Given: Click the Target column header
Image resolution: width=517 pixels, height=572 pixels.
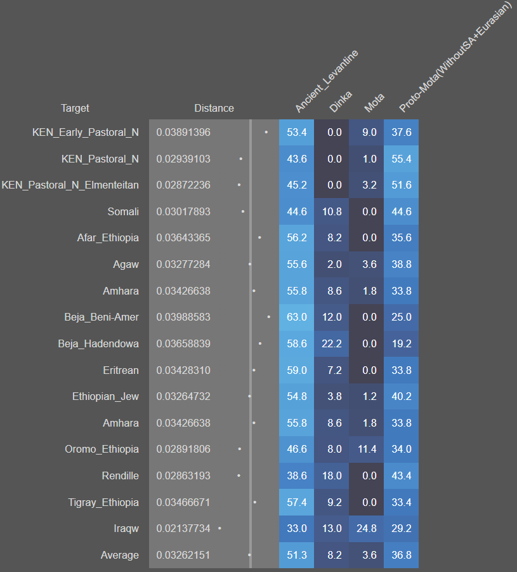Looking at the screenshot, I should (75, 108).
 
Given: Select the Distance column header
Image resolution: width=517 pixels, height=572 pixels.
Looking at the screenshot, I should (214, 108).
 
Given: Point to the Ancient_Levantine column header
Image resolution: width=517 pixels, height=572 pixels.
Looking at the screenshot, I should (325, 83).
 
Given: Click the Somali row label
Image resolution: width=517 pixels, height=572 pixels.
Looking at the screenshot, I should (123, 211).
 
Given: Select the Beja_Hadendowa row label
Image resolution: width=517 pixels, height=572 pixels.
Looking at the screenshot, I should (98, 343).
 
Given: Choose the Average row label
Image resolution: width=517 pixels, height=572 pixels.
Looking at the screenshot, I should (119, 555).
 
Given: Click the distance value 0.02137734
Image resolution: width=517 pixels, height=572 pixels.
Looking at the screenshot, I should (183, 528).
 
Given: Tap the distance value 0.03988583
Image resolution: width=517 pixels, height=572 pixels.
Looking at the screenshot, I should (183, 317).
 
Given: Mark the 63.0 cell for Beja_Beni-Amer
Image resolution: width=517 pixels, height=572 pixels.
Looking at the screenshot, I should (296, 317).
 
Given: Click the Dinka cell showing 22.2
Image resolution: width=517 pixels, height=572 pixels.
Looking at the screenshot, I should (331, 343).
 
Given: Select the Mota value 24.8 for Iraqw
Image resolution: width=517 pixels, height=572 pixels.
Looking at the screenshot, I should (366, 528).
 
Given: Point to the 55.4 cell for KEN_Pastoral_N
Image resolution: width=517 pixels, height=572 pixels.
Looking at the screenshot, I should (401, 159).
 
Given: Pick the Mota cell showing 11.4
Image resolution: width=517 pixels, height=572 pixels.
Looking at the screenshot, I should (366, 449).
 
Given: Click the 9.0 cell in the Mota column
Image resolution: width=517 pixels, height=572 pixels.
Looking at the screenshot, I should (366, 132).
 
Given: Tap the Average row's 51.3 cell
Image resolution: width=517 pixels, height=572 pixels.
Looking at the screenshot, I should (296, 555).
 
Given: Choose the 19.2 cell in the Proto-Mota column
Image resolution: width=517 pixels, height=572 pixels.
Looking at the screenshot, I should (401, 343).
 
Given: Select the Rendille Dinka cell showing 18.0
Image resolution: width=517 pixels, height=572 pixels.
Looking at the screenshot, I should (331, 476).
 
